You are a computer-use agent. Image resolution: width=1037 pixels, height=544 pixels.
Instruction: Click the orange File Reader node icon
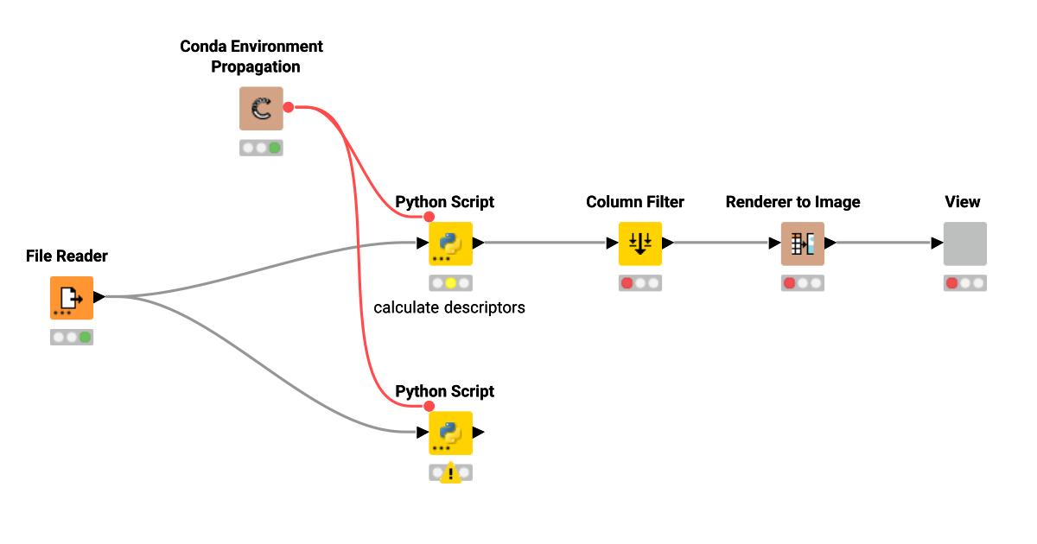[x=71, y=298]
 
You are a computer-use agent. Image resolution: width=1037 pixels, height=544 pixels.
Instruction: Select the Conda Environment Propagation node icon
[x=261, y=109]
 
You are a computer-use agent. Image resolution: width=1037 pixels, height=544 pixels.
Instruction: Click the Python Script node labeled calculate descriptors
[x=450, y=244]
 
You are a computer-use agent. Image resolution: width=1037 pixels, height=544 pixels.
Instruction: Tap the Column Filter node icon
[x=639, y=244]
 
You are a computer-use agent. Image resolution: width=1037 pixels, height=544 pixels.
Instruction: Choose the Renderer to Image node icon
[x=802, y=244]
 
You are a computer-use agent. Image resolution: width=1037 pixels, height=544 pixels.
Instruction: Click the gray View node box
[x=964, y=244]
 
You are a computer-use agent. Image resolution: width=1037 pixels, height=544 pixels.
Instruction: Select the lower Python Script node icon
[x=450, y=433]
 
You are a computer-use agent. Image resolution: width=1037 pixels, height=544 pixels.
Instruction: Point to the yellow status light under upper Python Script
[x=450, y=283]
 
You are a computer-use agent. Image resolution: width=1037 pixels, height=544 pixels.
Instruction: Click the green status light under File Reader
[x=85, y=338]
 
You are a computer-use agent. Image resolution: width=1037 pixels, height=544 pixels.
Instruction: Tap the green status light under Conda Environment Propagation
[x=275, y=148]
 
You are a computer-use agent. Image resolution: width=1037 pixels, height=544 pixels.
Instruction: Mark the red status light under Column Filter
[x=627, y=283]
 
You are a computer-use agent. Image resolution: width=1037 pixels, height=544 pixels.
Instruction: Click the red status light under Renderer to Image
[x=789, y=283]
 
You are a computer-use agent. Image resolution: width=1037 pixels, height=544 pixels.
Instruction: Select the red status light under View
[x=951, y=283]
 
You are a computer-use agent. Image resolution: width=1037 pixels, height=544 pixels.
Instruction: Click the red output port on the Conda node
[x=289, y=107]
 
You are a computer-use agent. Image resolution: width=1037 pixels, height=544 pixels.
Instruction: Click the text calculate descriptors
[x=449, y=307]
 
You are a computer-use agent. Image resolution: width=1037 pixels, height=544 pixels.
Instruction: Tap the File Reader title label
[x=67, y=256]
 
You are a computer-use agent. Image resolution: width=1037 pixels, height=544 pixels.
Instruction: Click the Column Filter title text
[x=634, y=202]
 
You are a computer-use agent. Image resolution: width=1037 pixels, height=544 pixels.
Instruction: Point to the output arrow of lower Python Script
[x=479, y=432]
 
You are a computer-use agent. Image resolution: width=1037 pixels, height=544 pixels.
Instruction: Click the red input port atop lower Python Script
[x=429, y=406]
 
